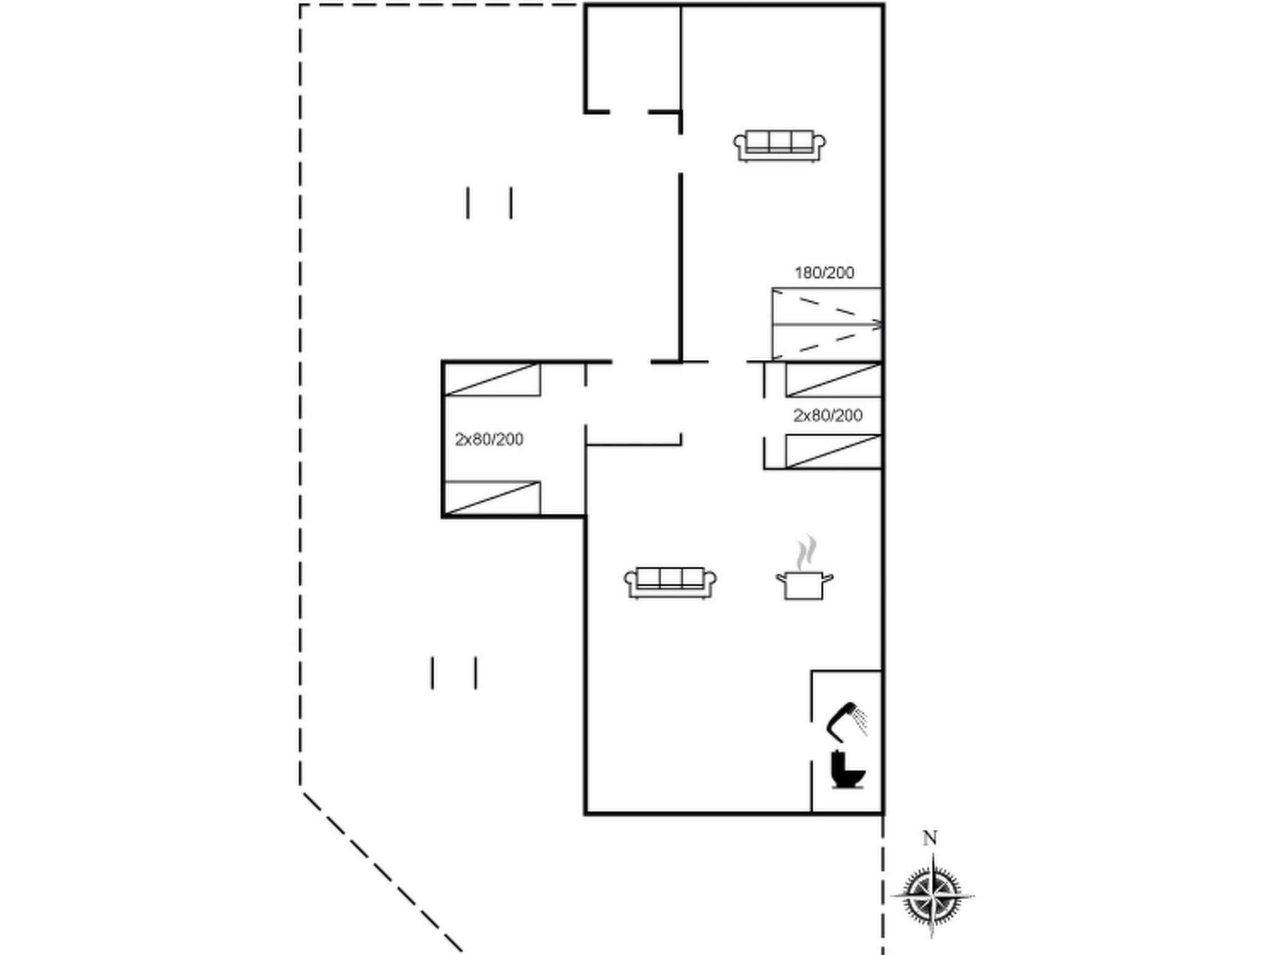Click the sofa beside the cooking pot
coord(670,583)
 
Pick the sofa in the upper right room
coord(779,146)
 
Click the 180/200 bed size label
coord(824,272)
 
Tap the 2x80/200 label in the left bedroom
coord(489,439)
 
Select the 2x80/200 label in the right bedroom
coord(827,415)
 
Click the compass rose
coord(931,895)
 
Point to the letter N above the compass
coord(929,838)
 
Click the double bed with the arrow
coord(827,324)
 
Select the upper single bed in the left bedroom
coord(492,379)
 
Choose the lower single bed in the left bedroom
coord(492,497)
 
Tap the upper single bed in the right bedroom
coord(834,379)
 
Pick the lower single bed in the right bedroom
coord(834,451)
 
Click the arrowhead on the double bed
coord(877,325)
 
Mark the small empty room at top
coord(633,59)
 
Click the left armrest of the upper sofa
coord(739,147)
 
